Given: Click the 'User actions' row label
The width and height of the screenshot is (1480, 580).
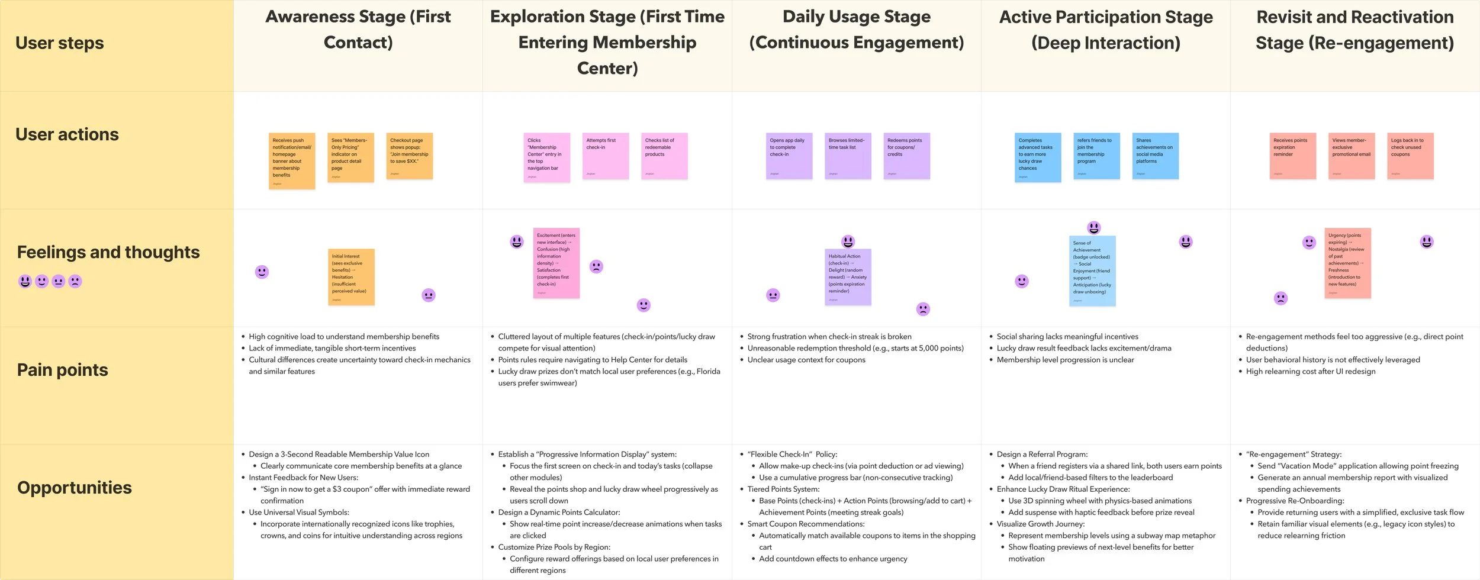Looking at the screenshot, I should [x=67, y=134].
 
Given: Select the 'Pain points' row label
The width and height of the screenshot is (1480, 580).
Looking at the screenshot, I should [x=62, y=370].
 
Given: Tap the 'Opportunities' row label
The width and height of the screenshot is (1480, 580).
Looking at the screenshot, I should [x=74, y=488].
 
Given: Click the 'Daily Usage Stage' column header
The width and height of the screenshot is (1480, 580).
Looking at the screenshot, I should [x=856, y=30].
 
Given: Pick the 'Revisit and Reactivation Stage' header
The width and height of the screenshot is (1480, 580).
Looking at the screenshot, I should [x=1354, y=30].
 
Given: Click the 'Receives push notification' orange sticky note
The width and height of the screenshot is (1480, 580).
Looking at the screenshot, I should [x=292, y=160].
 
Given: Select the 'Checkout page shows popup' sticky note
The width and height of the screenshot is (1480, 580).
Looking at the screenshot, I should [x=410, y=156].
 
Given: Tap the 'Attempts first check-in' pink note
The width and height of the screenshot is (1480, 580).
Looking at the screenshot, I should [x=605, y=156].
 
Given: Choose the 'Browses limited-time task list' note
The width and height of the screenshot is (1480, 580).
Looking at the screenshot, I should [x=848, y=156].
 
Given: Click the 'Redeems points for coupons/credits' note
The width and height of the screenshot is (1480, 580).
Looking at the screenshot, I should [x=906, y=156].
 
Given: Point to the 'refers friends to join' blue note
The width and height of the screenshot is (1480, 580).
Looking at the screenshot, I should [x=1096, y=156].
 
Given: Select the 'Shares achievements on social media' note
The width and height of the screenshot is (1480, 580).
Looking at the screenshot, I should [x=1155, y=156].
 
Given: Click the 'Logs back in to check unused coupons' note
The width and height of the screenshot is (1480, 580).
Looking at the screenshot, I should [x=1410, y=156].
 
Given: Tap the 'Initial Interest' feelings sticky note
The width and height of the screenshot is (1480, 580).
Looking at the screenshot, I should [x=351, y=276].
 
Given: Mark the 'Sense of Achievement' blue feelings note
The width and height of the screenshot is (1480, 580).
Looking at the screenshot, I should [x=1092, y=270].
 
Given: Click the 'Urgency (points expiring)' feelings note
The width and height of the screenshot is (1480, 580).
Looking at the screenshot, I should [x=1347, y=263].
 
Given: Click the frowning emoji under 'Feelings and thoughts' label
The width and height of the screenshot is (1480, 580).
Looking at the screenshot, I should [x=75, y=281].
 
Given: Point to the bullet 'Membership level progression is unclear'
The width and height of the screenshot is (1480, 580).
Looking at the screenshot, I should [x=1065, y=360].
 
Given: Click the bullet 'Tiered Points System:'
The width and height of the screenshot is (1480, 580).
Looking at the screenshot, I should [x=783, y=489].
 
